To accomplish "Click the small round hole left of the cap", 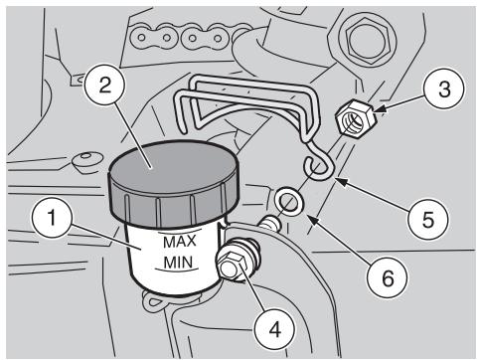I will [80, 157].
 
